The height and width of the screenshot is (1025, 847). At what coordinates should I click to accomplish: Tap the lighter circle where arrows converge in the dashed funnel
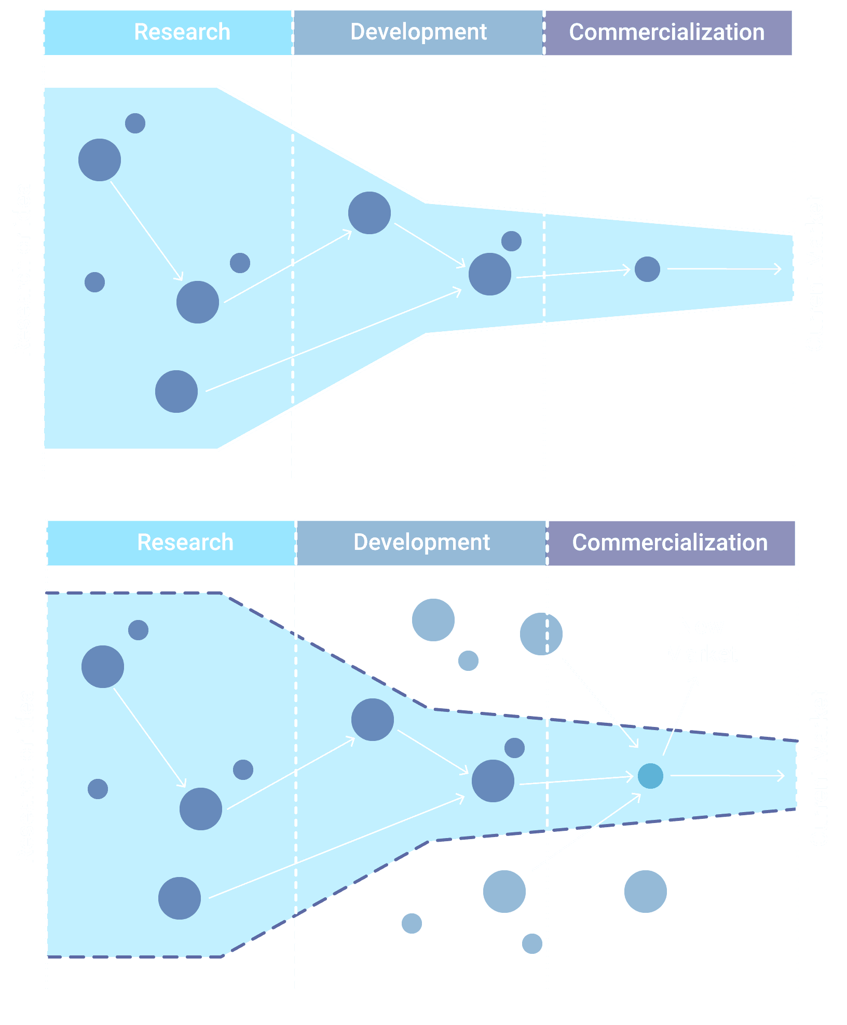(x=650, y=776)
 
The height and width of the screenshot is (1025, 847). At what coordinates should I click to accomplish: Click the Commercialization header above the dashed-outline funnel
(x=670, y=543)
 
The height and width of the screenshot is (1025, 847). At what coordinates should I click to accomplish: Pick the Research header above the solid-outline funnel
(x=182, y=32)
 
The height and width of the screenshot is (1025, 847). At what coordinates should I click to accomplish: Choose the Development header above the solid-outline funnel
(x=418, y=32)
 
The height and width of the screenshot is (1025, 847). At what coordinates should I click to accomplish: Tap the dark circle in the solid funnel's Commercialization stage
(x=647, y=269)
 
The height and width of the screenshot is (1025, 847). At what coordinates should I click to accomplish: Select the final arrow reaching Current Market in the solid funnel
(x=724, y=269)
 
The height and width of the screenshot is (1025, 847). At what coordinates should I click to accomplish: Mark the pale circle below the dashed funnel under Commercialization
(x=645, y=892)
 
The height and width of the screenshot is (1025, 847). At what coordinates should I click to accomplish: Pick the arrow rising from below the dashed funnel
(x=586, y=832)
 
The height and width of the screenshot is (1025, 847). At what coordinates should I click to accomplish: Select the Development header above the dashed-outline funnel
(x=421, y=543)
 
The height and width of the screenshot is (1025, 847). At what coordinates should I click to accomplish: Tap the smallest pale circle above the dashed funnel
(x=468, y=660)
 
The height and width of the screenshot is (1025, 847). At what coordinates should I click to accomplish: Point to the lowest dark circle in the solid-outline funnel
(x=176, y=392)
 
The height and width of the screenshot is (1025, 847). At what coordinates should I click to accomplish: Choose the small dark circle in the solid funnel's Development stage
(x=511, y=241)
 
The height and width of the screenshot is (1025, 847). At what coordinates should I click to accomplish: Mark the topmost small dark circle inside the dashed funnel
(x=138, y=630)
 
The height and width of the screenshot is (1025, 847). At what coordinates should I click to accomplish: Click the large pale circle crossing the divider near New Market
(x=541, y=633)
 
